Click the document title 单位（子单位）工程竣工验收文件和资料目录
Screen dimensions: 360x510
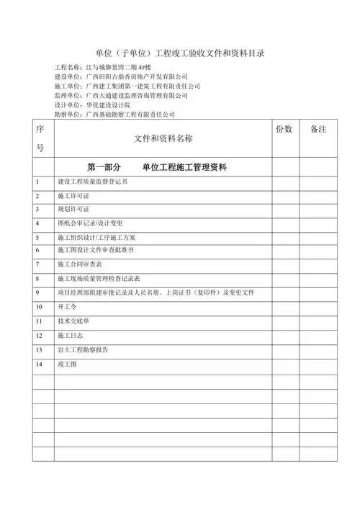point(180,54)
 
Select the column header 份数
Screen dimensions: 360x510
point(284,129)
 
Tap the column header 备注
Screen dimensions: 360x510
point(318,129)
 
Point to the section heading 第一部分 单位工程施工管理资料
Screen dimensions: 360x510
point(157,168)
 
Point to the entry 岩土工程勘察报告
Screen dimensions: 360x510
point(82,349)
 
